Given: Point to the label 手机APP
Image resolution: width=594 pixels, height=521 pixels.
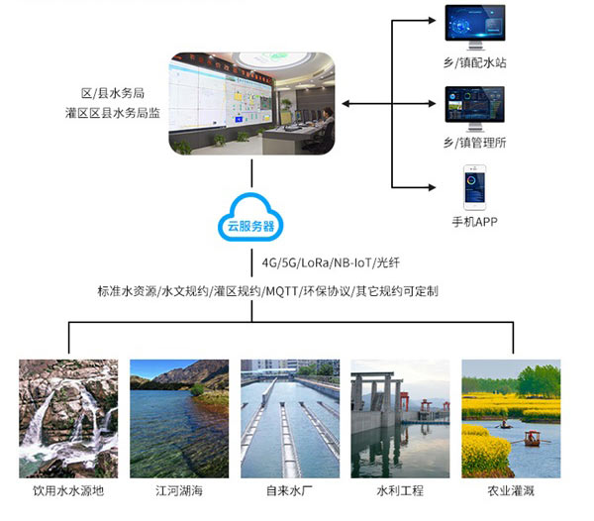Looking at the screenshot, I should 474,221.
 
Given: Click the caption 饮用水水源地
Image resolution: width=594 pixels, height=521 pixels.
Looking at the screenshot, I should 68,490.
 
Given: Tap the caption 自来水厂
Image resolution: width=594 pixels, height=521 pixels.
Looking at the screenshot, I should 290,490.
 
